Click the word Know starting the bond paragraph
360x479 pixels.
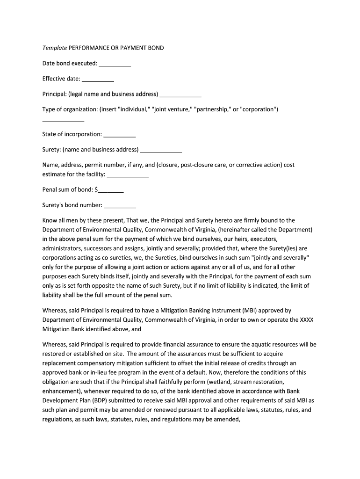click(50, 220)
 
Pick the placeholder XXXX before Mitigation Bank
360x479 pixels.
click(306, 319)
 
